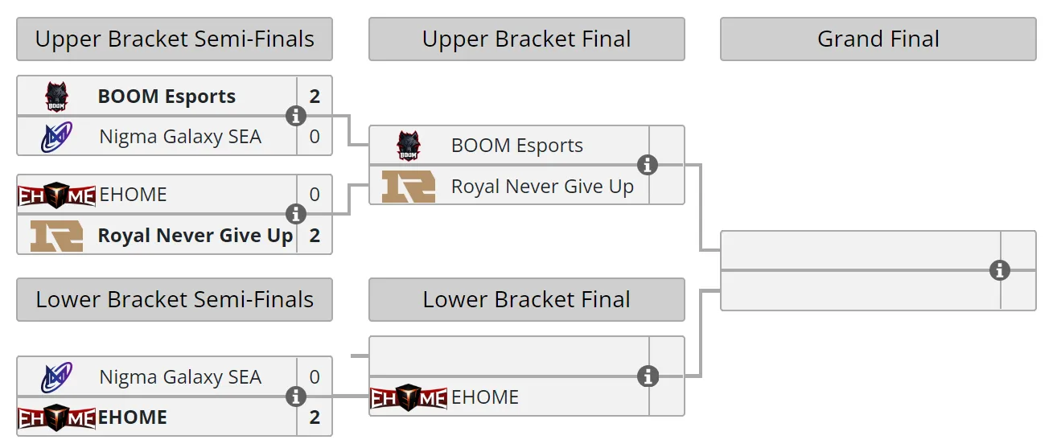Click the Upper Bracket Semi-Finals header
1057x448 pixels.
click(x=175, y=39)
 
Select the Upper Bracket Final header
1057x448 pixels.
click(x=527, y=39)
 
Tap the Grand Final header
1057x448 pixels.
click(x=878, y=39)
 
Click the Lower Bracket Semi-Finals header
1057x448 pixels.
click(x=175, y=299)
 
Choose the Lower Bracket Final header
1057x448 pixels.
click(x=527, y=299)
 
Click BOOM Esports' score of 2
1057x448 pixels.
click(x=315, y=97)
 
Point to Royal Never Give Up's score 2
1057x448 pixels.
click(x=315, y=236)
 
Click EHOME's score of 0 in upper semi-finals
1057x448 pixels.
click(x=315, y=195)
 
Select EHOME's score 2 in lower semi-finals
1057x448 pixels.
click(x=315, y=417)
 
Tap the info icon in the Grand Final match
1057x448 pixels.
click(x=999, y=271)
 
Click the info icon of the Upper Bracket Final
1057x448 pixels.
click(x=648, y=165)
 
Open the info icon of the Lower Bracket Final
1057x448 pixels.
click(x=648, y=376)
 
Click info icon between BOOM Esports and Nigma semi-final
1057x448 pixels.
click(x=296, y=116)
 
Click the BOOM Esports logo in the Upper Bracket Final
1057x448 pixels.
click(x=408, y=146)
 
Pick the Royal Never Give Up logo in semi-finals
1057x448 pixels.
click(x=56, y=236)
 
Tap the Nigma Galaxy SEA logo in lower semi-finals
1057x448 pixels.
click(x=56, y=377)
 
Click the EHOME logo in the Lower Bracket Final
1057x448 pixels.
click(x=409, y=397)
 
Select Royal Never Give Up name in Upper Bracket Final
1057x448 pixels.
click(x=542, y=187)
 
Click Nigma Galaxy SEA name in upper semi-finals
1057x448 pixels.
click(x=180, y=137)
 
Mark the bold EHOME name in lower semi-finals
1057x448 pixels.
click(x=133, y=417)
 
